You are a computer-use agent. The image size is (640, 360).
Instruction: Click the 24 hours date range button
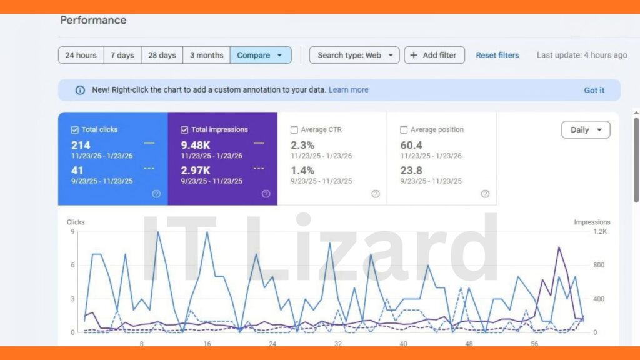pyautogui.click(x=81, y=55)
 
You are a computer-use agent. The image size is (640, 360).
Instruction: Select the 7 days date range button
pyautogui.click(x=122, y=55)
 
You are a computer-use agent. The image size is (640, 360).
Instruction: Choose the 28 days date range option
pyautogui.click(x=162, y=55)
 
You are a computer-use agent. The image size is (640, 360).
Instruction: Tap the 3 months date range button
pyautogui.click(x=206, y=55)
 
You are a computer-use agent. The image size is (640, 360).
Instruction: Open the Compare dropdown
pyautogui.click(x=260, y=55)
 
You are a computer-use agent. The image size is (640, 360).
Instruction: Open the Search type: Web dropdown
pyautogui.click(x=354, y=55)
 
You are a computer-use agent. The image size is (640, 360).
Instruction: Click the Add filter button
pyautogui.click(x=434, y=55)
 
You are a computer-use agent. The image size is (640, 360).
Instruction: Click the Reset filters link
pyautogui.click(x=497, y=55)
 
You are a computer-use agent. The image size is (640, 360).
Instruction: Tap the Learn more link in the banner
pyautogui.click(x=348, y=89)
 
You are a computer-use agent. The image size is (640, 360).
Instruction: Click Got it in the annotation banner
pyautogui.click(x=594, y=90)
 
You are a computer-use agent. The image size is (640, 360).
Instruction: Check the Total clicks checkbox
pyautogui.click(x=75, y=130)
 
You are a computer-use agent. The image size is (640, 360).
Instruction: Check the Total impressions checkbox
pyautogui.click(x=184, y=130)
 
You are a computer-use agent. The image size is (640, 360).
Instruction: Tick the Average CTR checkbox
pyautogui.click(x=294, y=130)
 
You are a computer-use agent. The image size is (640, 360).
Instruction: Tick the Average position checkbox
pyautogui.click(x=404, y=130)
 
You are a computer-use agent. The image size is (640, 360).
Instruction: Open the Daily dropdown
pyautogui.click(x=586, y=130)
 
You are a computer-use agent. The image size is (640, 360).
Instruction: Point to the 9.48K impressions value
pyautogui.click(x=196, y=146)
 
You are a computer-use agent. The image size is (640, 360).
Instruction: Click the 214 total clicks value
pyautogui.click(x=81, y=146)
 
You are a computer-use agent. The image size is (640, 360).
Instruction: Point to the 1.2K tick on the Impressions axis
pyautogui.click(x=599, y=231)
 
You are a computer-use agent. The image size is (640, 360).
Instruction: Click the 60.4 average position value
pyautogui.click(x=411, y=146)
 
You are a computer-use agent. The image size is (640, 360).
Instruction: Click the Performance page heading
pyautogui.click(x=93, y=20)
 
